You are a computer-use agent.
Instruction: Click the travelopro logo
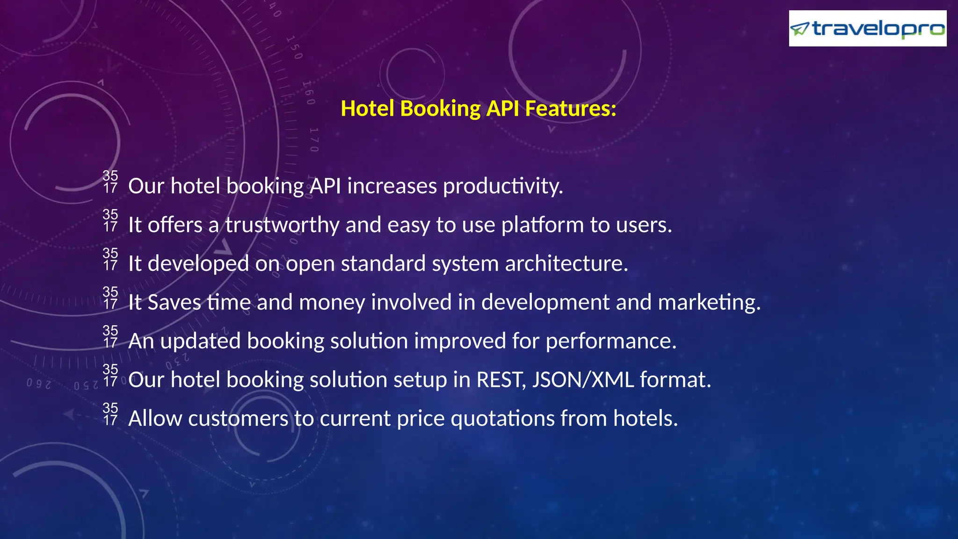[867, 29]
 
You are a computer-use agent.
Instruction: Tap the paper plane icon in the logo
[799, 29]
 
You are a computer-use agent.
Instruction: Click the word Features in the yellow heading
[571, 109]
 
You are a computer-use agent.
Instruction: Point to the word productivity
[503, 186]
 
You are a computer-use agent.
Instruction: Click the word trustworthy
[283, 225]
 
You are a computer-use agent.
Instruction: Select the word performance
[611, 341]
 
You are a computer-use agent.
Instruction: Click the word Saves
[174, 302]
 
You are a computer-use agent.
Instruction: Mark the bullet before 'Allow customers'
[110, 414]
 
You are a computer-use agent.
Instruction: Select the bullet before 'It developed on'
[110, 259]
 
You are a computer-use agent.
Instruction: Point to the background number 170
[314, 139]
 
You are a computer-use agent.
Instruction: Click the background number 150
[294, 47]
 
